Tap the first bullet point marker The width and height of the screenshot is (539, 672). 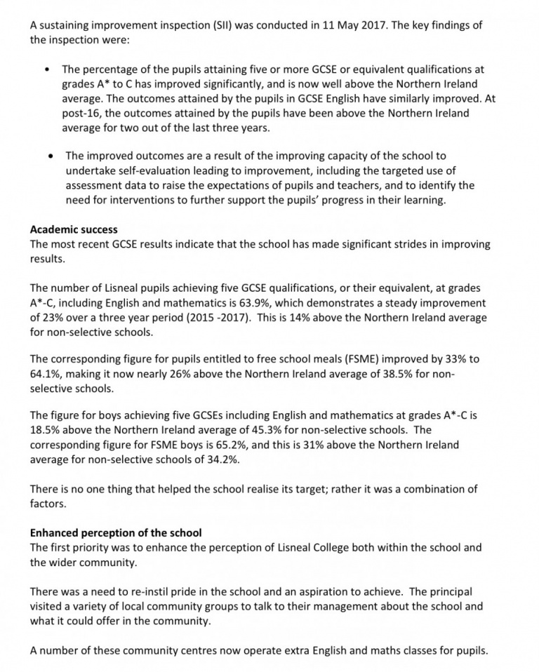coord(46,70)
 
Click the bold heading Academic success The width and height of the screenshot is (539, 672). coord(74,229)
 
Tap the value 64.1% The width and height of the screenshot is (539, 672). coord(48,374)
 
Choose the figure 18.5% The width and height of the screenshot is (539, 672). coord(48,430)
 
